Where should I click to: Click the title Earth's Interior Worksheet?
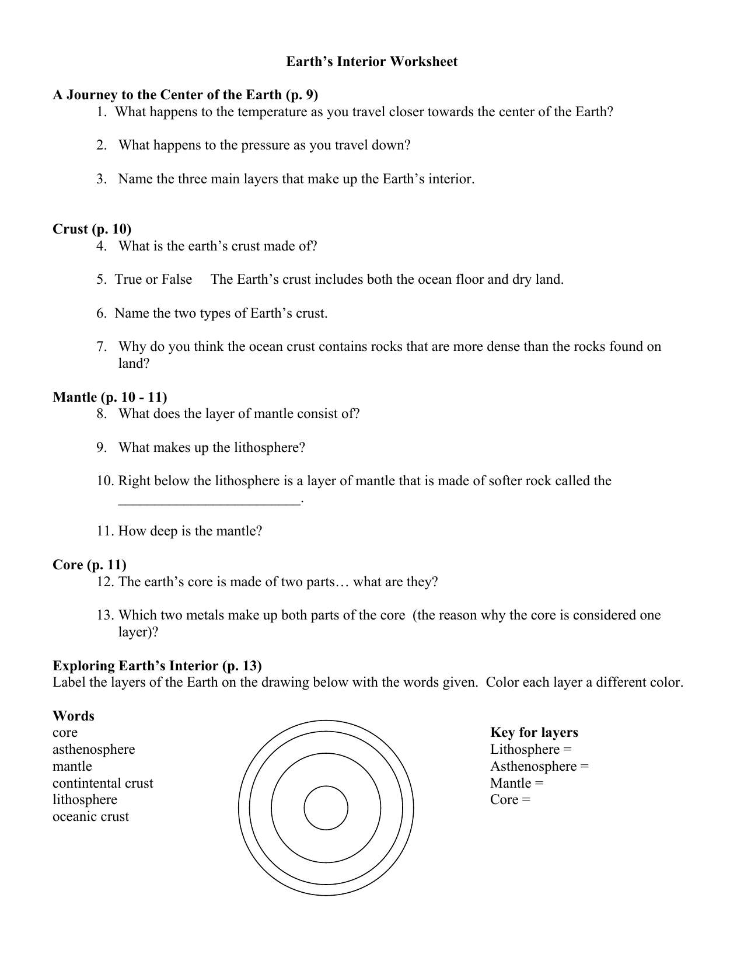(372, 62)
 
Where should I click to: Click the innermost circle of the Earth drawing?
(326, 809)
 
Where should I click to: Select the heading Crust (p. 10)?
(92, 229)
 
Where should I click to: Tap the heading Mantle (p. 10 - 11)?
(110, 397)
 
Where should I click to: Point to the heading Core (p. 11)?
(89, 565)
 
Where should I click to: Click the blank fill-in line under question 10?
(210, 500)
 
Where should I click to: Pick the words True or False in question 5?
(153, 280)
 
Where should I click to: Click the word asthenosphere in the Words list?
(93, 749)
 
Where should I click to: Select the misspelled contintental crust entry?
(103, 783)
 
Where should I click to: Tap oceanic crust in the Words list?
(90, 816)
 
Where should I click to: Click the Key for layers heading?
(534, 732)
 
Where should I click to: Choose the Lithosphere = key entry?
(530, 749)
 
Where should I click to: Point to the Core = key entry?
(510, 799)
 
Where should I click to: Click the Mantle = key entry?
(516, 783)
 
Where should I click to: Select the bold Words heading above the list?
(73, 716)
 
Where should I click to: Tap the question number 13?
(105, 615)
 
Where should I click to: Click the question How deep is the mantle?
(190, 531)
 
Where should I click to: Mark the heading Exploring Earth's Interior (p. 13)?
(157, 666)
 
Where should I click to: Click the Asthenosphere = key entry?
(539, 766)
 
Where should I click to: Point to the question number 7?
(102, 347)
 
